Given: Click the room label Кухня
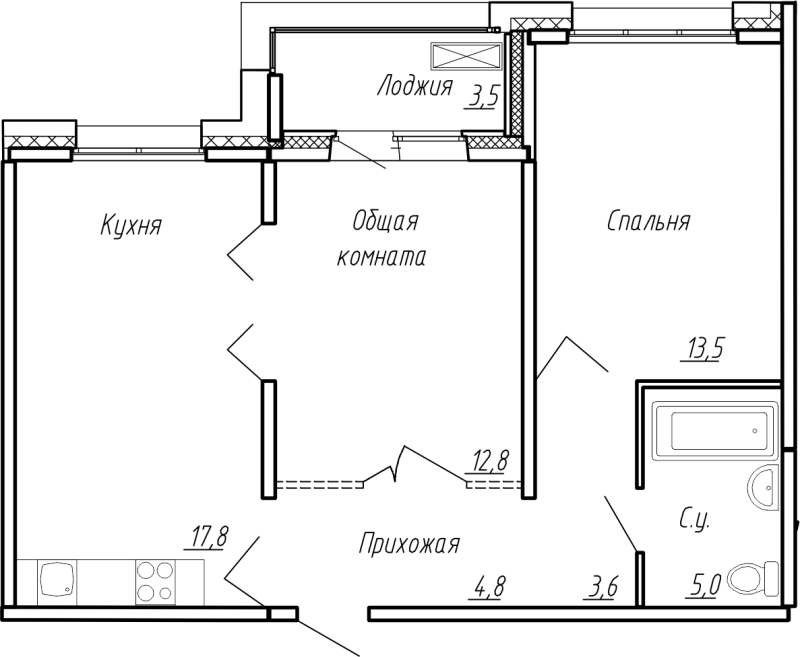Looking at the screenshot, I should point(130,226).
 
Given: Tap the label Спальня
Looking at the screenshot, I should point(648,221).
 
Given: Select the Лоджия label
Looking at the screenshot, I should point(415,87).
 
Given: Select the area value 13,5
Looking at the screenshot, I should point(704,350).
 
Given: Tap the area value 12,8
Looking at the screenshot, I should point(491,461).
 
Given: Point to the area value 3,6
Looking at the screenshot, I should point(601,586).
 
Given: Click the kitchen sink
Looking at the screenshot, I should point(58,579).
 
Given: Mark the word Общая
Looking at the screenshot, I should point(384,220).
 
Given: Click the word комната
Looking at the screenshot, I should point(383,257).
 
